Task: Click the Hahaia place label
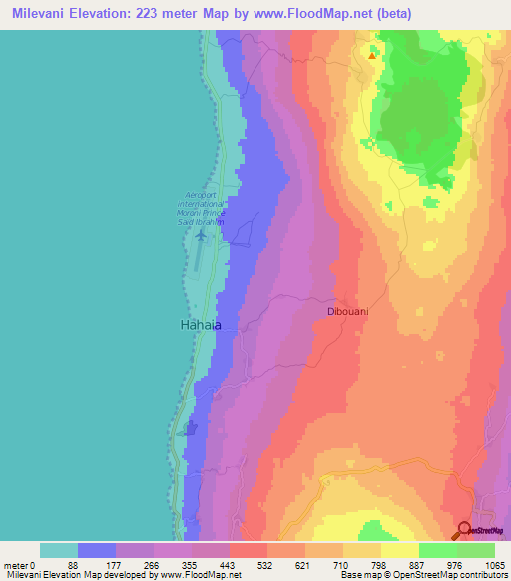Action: point(199,325)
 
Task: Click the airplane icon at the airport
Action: point(202,236)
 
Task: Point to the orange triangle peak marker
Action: point(372,56)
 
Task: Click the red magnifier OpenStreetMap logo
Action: point(465,530)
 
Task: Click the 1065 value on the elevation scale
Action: point(491,565)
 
